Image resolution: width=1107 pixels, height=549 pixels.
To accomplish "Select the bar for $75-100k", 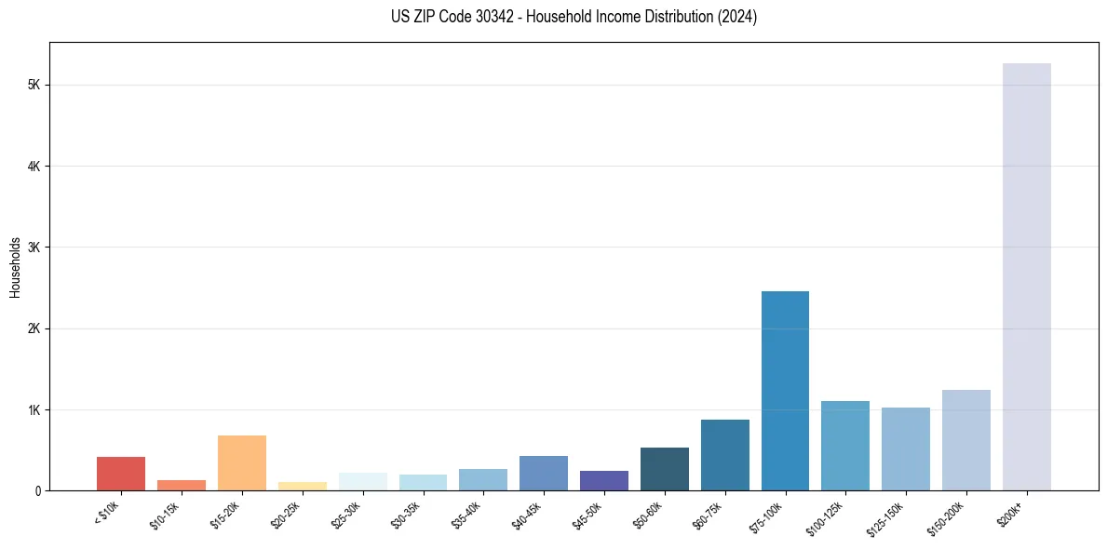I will [785, 391].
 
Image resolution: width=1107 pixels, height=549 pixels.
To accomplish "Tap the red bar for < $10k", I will [121, 474].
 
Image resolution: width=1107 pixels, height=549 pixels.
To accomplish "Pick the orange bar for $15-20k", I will [242, 462].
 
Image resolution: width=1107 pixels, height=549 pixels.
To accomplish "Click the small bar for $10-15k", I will [182, 485].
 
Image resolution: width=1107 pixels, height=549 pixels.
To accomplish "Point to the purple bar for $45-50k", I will [604, 480].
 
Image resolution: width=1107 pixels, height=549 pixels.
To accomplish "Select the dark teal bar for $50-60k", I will [665, 469].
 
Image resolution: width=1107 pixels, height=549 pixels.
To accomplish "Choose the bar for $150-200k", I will [965, 440].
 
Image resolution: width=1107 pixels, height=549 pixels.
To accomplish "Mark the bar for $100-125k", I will [845, 446].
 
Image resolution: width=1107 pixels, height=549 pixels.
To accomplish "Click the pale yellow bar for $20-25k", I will [303, 486].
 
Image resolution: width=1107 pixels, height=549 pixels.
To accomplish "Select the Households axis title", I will [15, 267].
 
